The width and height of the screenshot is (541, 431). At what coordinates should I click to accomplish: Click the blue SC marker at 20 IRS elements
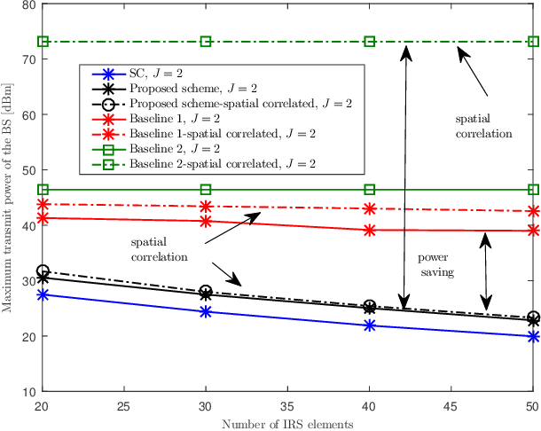coord(42,294)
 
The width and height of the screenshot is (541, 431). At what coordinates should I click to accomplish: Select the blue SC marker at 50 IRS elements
coord(533,337)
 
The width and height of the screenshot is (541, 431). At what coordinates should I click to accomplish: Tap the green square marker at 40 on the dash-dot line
coord(370,42)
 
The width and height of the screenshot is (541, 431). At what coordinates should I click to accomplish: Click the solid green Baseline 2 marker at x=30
coord(206,190)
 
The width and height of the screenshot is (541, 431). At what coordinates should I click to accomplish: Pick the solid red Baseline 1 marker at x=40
coord(370,230)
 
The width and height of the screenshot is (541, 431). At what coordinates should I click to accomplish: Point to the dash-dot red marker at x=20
coord(42,204)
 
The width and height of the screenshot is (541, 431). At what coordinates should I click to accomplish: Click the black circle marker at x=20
coord(42,270)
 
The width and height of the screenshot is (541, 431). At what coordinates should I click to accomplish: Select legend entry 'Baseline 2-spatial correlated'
coord(223,164)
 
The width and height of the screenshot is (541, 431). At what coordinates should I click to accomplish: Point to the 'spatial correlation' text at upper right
coord(483,126)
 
